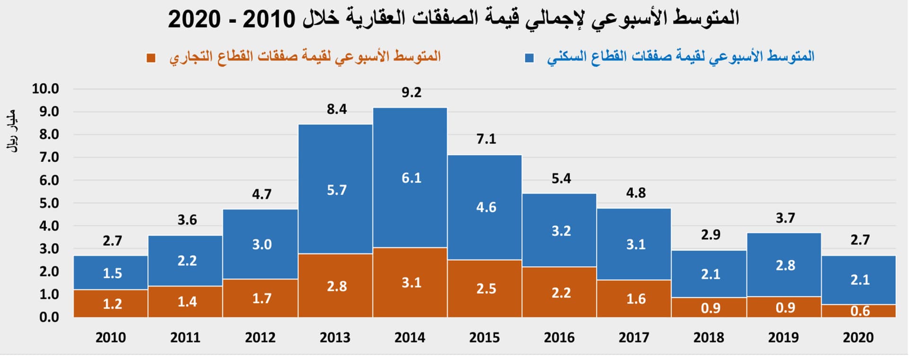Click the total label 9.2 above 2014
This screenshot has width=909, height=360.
click(x=411, y=92)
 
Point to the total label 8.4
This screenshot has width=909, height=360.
click(x=337, y=109)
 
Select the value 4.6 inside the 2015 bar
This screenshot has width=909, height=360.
click(x=486, y=207)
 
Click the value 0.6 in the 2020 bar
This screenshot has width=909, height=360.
click(x=860, y=311)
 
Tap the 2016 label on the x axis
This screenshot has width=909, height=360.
click(x=559, y=338)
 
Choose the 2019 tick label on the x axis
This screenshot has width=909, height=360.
click(x=783, y=338)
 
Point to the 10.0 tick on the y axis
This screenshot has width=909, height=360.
click(x=45, y=89)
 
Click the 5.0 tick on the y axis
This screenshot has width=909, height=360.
click(x=49, y=203)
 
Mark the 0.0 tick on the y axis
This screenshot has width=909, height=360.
click(x=49, y=317)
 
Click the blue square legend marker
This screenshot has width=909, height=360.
click(x=529, y=58)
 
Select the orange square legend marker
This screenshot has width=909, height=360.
click(x=151, y=58)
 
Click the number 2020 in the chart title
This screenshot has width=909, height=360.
click(x=194, y=19)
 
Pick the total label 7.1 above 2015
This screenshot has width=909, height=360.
click(x=486, y=139)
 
